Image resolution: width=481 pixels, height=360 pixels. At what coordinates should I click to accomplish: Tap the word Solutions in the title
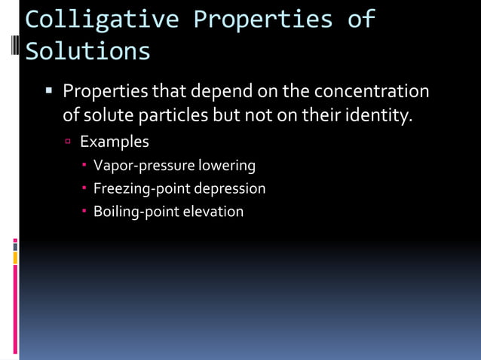click(87, 51)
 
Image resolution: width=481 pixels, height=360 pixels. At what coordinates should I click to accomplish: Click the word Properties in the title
click(263, 20)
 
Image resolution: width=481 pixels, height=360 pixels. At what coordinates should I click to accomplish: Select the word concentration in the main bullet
click(371, 92)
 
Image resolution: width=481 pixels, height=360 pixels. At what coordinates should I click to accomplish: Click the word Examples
click(115, 142)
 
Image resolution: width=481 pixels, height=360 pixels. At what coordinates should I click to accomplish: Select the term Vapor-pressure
click(144, 165)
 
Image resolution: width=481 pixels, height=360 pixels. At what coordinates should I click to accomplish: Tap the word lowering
click(227, 165)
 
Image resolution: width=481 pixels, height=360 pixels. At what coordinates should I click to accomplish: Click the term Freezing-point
click(142, 188)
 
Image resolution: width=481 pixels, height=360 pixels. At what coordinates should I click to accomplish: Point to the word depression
click(230, 188)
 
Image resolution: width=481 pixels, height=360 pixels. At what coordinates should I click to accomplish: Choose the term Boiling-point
click(136, 212)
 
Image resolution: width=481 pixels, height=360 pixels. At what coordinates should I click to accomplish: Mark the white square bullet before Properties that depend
click(49, 91)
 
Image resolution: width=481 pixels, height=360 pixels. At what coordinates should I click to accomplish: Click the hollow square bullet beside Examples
click(67, 142)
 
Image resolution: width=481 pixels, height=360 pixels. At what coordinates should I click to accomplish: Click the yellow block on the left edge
click(15, 258)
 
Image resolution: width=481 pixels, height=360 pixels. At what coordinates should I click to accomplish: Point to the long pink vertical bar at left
click(15, 309)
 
